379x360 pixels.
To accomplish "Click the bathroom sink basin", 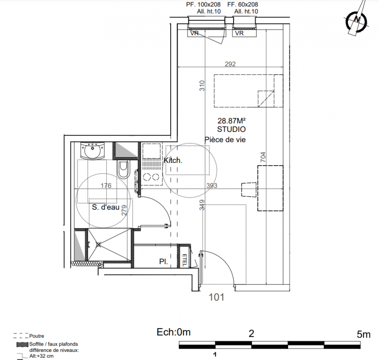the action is coord(93,151).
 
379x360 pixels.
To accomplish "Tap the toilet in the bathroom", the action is coord(123,170).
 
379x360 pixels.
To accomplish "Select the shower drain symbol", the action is coord(99,244).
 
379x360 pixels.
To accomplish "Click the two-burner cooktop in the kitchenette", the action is coord(151,178).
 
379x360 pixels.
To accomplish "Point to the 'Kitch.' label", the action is coord(173,160).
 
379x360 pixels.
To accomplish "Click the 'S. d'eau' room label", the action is coord(106,207).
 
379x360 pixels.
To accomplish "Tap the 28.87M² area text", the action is coord(231,121).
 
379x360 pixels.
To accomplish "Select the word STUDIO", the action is coord(231,129).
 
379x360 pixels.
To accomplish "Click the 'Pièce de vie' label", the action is coord(225,139).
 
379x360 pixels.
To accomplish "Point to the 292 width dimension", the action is coord(230,64).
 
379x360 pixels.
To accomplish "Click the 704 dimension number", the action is coord(263,157).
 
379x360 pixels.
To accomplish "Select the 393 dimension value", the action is coord(212,185).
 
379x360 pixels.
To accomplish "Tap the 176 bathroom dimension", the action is coord(106,185).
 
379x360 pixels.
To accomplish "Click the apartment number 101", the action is coord(217,297).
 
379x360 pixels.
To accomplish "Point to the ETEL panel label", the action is coord(185,260).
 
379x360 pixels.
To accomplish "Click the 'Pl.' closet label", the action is coord(163,261).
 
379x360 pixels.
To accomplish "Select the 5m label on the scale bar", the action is coord(364,334).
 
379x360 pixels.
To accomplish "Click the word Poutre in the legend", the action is coord(36,336).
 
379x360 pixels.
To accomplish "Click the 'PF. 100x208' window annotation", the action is coord(203,4).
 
